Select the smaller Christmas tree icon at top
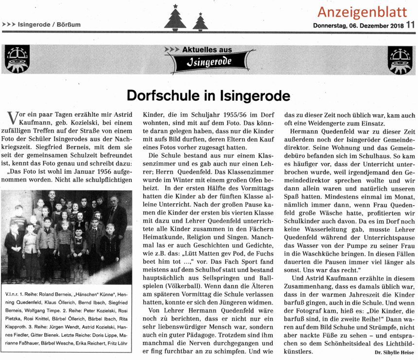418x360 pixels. click(200, 21)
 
